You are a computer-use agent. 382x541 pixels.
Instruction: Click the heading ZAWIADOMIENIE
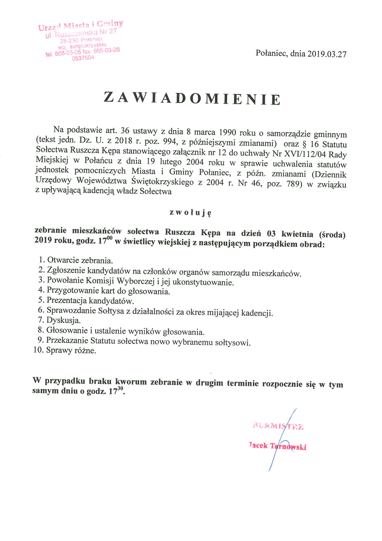pyautogui.click(x=192, y=98)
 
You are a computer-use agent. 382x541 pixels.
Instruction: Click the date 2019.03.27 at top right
pyautogui.click(x=324, y=54)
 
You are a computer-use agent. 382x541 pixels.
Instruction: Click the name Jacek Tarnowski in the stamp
pyautogui.click(x=277, y=446)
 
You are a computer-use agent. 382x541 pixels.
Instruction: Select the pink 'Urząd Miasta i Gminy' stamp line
pyautogui.click(x=81, y=25)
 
